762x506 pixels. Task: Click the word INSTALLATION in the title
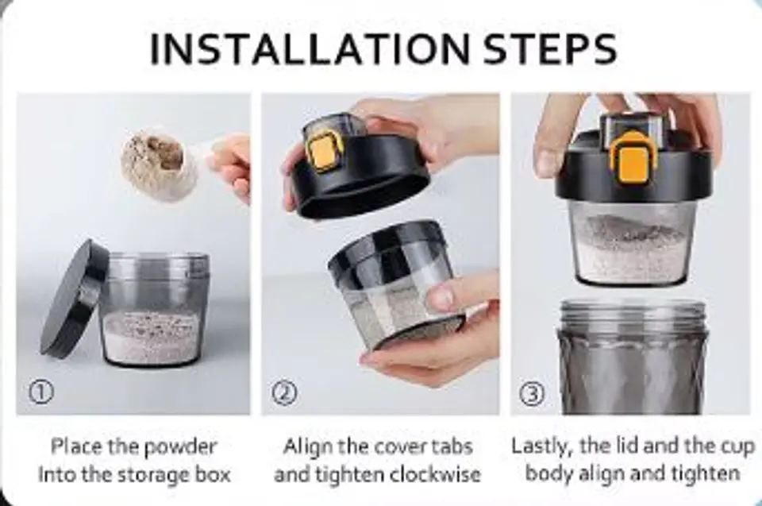point(310,48)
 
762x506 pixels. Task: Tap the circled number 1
point(41,392)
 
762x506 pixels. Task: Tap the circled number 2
point(284,393)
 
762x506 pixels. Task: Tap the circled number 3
point(532,394)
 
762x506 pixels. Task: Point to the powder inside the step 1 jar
point(152,337)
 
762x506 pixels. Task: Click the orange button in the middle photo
point(323,153)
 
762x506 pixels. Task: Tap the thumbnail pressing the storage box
point(443,296)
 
